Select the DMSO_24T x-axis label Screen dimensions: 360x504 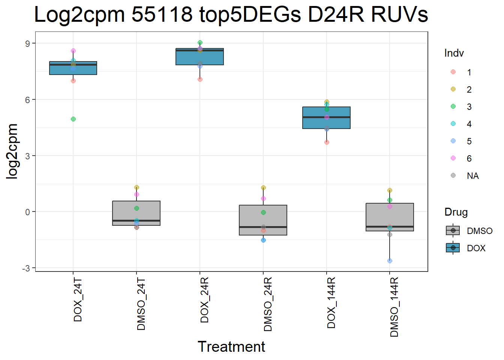tap(141, 304)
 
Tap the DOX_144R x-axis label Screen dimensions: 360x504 tap(331, 303)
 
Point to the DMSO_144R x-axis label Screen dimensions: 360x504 tap(394, 307)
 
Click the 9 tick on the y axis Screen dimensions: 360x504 tap(28, 43)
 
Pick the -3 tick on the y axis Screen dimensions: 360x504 tap(26, 268)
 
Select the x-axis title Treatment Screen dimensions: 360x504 tap(231, 347)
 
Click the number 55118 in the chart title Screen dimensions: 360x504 tap(162, 15)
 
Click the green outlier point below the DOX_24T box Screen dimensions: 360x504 tap(73, 119)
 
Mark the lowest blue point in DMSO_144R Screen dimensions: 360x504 tap(390, 261)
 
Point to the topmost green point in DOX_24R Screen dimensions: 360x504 tap(200, 43)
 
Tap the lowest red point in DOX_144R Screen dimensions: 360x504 tap(327, 142)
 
